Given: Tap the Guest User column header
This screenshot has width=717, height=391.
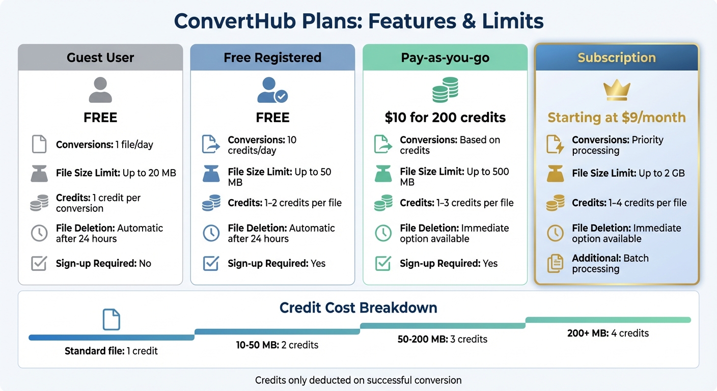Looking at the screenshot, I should tap(100, 58).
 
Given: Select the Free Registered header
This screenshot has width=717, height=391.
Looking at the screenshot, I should tap(272, 58).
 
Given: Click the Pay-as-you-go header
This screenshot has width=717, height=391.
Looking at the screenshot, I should tap(445, 58).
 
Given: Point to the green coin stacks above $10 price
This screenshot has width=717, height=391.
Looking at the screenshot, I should tap(445, 90).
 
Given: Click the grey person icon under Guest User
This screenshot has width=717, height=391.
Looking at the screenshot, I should tap(100, 90).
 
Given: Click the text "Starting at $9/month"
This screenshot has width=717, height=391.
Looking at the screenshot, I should tap(616, 118).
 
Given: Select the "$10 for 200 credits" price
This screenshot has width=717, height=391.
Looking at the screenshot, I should tap(445, 118).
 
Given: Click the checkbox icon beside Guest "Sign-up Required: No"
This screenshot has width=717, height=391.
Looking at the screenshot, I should tap(39, 263).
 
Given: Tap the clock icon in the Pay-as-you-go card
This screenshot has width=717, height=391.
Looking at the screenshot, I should tap(383, 233).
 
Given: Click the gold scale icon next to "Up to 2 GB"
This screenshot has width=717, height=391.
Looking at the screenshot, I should tap(555, 174).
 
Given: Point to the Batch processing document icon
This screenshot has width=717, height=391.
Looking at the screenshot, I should tap(555, 263).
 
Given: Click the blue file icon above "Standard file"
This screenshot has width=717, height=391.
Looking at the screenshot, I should tap(111, 319).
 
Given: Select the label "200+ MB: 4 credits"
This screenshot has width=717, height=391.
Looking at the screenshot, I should tap(608, 333).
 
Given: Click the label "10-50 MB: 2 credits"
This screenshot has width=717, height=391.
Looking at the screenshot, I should tap(278, 345).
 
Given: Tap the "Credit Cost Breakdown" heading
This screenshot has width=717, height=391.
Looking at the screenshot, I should tap(358, 308).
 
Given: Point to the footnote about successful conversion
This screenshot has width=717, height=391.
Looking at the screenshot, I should tap(358, 380).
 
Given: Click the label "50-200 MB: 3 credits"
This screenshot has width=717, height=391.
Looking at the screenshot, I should tap(442, 339).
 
